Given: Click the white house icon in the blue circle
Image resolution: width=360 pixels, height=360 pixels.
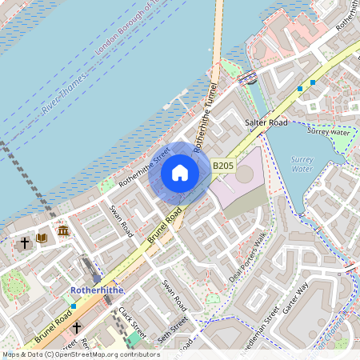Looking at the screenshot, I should coord(180,172).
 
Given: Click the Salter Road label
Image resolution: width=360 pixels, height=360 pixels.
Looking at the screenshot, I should coord(266,122).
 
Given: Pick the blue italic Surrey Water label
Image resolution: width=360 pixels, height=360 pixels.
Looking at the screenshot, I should coord(302,165).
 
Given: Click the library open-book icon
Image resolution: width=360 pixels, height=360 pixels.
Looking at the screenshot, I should coord(42,238).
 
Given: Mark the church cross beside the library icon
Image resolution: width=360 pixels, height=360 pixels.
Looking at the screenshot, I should coord(25,240).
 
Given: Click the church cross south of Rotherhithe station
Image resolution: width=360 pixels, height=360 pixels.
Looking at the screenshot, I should coord(77,327).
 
